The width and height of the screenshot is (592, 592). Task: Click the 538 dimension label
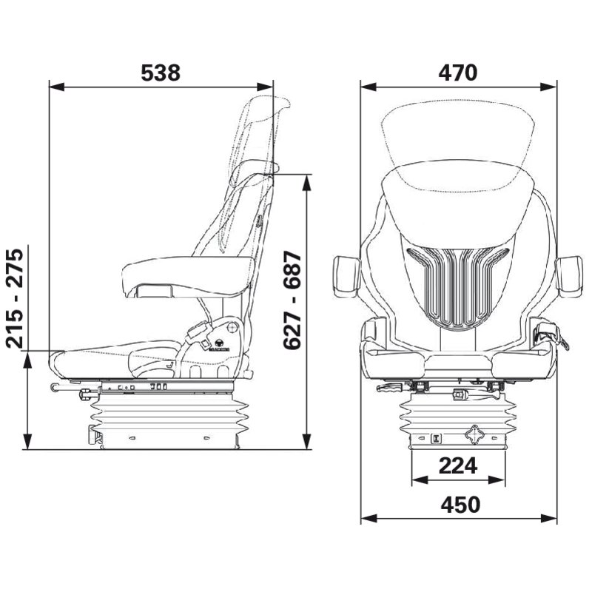pos(161,73)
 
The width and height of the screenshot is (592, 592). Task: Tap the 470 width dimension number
pos(457,73)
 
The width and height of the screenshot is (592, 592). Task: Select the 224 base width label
pos(458,465)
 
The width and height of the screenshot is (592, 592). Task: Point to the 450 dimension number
pos(460,505)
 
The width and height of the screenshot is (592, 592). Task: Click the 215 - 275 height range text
pos(15,298)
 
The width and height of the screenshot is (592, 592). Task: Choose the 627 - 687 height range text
pos(292,301)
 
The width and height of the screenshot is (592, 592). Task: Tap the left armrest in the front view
pos(346,275)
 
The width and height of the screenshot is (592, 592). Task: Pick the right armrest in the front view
pos(569,275)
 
